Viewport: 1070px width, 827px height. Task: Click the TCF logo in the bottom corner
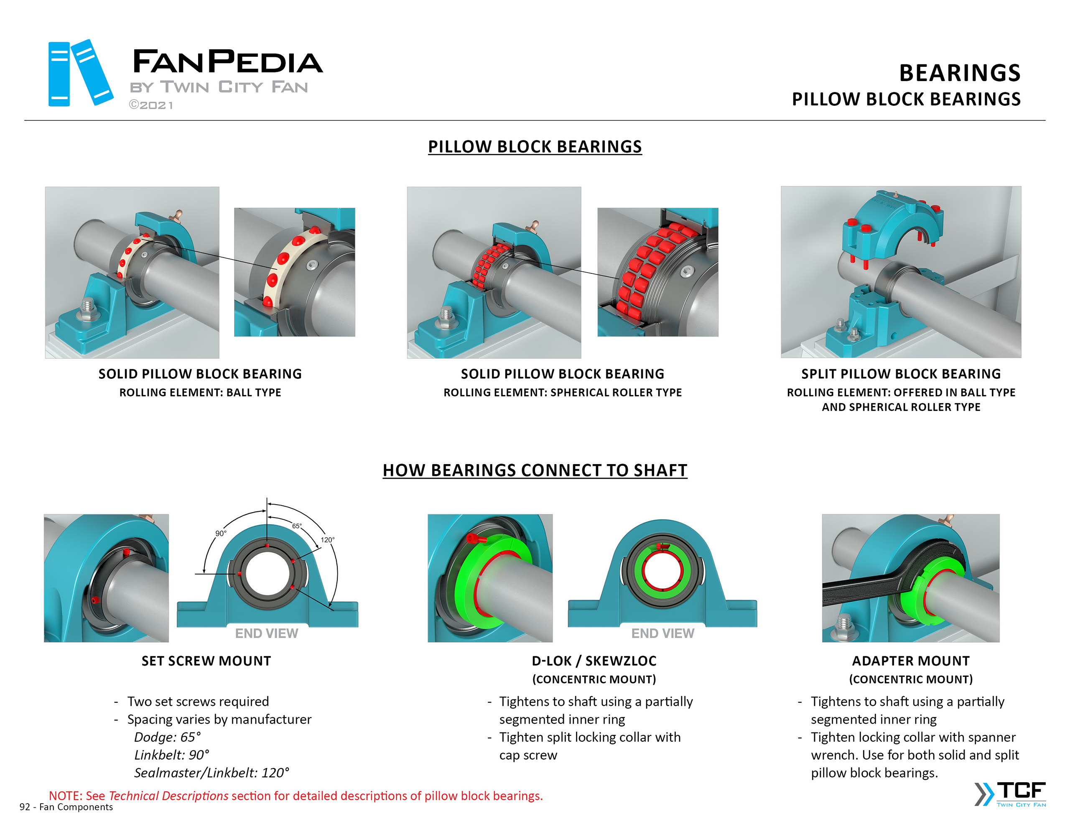tap(1011, 794)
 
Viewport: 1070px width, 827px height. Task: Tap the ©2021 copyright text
tap(151, 105)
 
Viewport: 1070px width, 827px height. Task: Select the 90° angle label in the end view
tap(221, 533)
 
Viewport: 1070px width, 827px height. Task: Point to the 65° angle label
tap(297, 526)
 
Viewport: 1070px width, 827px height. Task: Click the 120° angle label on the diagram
tap(327, 540)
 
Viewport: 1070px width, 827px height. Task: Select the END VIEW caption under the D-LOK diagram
tap(662, 633)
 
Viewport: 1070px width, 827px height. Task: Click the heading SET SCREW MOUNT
tap(206, 661)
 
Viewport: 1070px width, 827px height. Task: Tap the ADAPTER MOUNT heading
tap(910, 661)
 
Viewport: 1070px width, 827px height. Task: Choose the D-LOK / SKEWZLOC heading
tap(594, 661)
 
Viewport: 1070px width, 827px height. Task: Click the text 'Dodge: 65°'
tap(168, 737)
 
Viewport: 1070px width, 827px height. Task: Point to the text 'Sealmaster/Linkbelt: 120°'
tap(211, 773)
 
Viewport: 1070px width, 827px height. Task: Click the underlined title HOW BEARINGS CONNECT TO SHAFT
tap(535, 470)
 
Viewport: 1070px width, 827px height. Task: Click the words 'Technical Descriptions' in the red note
tap(168, 796)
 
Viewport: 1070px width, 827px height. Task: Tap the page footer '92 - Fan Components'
tap(66, 807)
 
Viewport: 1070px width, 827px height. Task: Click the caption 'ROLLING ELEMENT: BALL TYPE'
tap(200, 393)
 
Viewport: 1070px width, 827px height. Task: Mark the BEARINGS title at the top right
tap(959, 73)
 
